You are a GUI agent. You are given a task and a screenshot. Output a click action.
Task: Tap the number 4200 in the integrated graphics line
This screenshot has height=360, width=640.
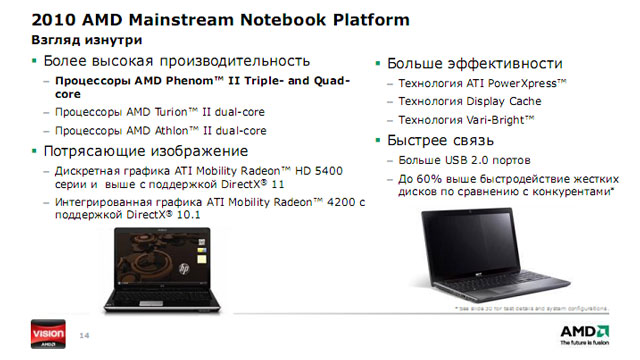pos(341,202)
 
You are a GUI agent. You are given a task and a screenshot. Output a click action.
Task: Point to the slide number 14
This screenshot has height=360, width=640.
pos(84,334)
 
